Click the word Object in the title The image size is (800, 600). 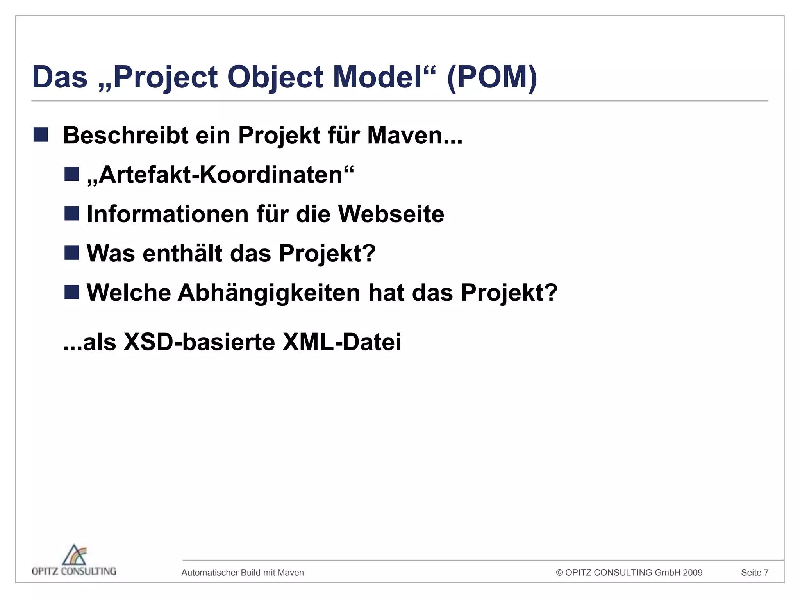275,77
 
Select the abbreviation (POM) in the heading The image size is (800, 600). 492,77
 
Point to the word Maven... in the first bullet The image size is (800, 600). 414,136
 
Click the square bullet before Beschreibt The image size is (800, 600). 41,135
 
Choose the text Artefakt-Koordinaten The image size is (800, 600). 220,175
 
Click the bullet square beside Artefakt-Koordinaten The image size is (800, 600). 72,174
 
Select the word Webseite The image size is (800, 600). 391,214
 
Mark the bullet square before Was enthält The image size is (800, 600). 72,253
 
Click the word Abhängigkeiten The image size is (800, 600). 269,293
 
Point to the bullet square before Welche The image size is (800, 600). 72,292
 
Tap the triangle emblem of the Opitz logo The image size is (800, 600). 75,555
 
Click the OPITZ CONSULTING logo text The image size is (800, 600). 74,571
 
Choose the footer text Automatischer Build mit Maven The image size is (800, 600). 243,573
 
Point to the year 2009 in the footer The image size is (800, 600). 693,573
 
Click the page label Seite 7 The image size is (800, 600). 755,573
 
